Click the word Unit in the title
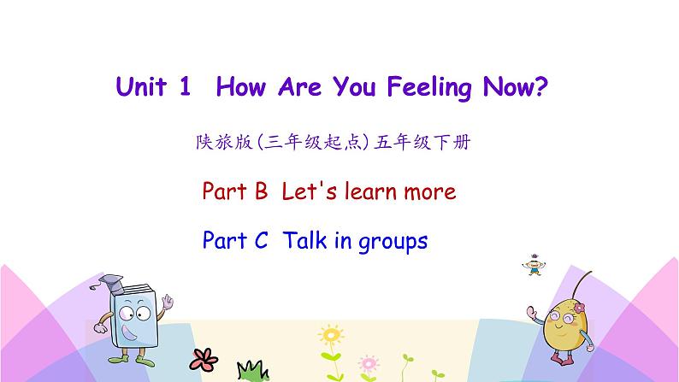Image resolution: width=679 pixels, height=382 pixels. click(143, 88)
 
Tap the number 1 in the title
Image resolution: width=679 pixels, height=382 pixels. click(185, 88)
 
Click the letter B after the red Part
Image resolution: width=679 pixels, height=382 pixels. click(262, 191)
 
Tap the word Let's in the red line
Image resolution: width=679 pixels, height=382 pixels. click(310, 191)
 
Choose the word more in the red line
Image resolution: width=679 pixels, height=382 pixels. click(422, 191)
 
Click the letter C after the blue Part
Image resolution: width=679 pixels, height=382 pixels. click(262, 241)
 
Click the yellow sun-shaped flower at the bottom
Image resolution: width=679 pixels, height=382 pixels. click(329, 334)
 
